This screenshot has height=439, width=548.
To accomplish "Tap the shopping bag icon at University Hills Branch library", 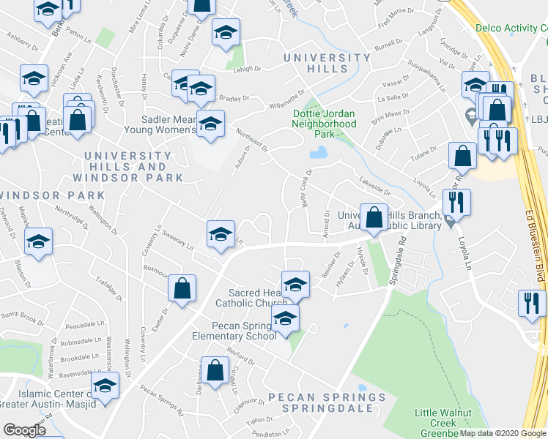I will click(374, 217).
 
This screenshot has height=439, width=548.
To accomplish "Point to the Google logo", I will click(24, 430).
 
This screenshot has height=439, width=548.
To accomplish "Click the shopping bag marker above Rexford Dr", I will click(215, 370).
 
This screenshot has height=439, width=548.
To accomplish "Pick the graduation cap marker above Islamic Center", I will click(105, 385).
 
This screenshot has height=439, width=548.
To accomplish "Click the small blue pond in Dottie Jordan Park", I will click(319, 153).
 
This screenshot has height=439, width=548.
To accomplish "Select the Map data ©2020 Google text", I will click(503, 433).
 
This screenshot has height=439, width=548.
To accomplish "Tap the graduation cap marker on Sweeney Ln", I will click(221, 234).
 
